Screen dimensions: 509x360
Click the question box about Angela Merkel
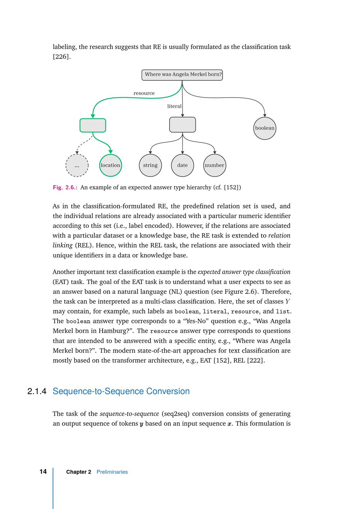tap(182, 75)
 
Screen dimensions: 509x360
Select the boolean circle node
tap(265, 128)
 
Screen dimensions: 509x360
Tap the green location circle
tap(111, 165)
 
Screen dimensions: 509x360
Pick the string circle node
tap(150, 165)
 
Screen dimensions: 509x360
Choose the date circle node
tap(183, 165)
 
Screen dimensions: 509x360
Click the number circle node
tap(215, 165)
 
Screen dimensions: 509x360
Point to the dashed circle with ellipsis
tap(77, 166)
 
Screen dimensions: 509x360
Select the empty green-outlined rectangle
tap(93, 125)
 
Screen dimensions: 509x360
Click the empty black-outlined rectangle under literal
tap(183, 125)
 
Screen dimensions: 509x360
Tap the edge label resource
tap(144, 93)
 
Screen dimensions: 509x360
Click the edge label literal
tap(174, 106)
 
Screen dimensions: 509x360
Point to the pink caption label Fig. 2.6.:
tap(65, 188)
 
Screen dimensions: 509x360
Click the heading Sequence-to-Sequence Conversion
tap(121, 391)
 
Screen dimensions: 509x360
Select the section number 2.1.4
tap(37, 391)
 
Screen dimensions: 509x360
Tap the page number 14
tap(43, 472)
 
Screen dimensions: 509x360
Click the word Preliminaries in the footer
tap(112, 472)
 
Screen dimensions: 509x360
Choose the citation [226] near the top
tap(62, 57)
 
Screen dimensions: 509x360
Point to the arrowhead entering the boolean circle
tap(265, 115)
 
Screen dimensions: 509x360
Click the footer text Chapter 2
tap(78, 472)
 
